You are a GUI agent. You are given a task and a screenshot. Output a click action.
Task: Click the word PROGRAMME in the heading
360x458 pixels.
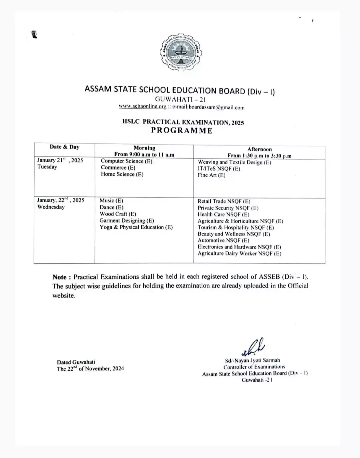[182, 130]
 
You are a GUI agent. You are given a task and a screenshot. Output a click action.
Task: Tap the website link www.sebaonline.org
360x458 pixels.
[142, 107]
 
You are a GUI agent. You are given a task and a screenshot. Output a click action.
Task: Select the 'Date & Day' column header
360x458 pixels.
[64, 147]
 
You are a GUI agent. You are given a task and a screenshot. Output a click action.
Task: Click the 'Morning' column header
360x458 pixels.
[144, 148]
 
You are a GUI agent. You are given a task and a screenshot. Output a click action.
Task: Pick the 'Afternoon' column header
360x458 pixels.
[259, 149]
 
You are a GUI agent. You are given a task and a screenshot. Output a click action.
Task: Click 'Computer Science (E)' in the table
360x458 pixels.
[126, 161]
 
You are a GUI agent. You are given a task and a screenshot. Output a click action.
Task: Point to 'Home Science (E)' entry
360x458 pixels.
[122, 174]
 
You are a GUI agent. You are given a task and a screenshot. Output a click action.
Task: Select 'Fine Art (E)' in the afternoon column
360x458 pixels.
[211, 175]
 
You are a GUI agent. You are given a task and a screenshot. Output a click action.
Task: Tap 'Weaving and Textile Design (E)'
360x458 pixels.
[234, 162]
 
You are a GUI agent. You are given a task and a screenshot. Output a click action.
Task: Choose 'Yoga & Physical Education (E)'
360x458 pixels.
[136, 227]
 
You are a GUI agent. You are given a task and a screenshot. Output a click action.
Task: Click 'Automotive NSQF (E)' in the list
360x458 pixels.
[223, 240]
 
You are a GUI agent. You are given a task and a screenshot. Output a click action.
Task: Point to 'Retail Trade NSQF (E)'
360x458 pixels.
[224, 201]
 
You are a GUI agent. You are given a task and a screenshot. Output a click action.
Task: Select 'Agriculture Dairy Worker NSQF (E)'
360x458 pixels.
[239, 253]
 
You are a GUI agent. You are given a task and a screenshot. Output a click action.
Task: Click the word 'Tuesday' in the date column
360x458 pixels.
[47, 167]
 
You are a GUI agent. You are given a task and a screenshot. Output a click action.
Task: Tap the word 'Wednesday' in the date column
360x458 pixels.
[51, 207]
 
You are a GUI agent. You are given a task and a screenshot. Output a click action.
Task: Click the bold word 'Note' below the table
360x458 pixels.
[59, 277]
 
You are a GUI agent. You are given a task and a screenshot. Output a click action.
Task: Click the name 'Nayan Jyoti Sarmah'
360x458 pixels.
[257, 360]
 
